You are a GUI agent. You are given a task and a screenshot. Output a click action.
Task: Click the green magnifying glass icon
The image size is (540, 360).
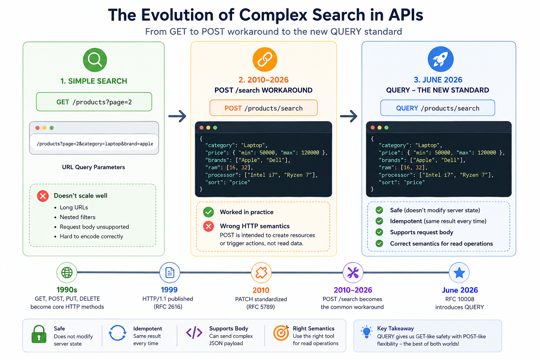pyautogui.click(x=95, y=60)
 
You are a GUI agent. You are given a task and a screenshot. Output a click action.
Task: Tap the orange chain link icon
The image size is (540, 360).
pyautogui.click(x=265, y=59)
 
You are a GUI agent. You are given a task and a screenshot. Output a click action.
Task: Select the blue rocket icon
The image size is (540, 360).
pyautogui.click(x=441, y=59)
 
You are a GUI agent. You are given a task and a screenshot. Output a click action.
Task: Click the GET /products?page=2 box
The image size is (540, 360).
pyautogui.click(x=94, y=102)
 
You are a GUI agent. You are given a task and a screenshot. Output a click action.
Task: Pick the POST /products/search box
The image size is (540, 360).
pyautogui.click(x=263, y=108)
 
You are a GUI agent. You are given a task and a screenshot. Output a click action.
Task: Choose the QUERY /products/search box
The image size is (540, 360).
pyautogui.click(x=438, y=108)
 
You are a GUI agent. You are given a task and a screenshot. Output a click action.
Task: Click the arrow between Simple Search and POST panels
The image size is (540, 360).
pyautogui.click(x=177, y=116)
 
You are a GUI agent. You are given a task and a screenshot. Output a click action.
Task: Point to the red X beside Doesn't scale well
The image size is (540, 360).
pyautogui.click(x=43, y=196)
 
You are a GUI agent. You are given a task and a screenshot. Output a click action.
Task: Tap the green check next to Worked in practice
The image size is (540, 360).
pyautogui.click(x=208, y=212)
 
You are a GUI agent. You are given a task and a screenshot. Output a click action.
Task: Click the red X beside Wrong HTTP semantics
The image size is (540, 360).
pyautogui.click(x=208, y=226)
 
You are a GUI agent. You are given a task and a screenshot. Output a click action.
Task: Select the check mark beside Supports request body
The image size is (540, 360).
pyautogui.click(x=379, y=232)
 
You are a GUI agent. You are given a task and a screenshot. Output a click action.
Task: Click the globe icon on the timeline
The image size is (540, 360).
pyautogui.click(x=67, y=272)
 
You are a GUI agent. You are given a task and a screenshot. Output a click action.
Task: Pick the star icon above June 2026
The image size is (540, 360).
pyautogui.click(x=459, y=272)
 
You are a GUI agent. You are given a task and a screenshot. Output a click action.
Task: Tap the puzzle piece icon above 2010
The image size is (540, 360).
pyautogui.click(x=261, y=272)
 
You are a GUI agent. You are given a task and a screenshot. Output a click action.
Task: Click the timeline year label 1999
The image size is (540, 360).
pyautogui.click(x=169, y=290)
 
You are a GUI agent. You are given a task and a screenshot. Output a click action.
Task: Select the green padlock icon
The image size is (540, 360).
pyautogui.click(x=39, y=334)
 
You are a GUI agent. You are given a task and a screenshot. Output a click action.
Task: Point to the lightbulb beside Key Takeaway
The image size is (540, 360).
pyautogui.click(x=367, y=332)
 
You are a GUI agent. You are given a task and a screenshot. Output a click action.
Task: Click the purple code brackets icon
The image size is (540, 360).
pyautogui.click(x=194, y=333)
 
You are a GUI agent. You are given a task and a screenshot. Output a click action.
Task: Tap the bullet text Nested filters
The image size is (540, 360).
pyautogui.click(x=77, y=217)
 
